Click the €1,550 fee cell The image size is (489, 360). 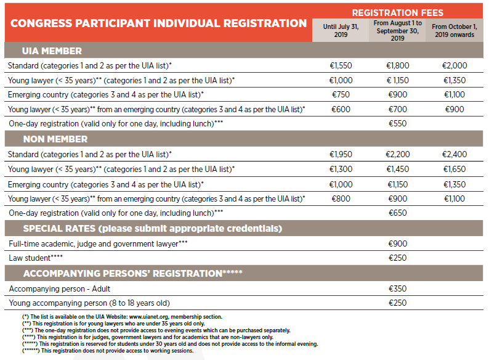[341, 65]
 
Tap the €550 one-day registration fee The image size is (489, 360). [397, 124]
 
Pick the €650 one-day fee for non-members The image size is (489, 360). [397, 213]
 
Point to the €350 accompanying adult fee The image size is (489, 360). [397, 288]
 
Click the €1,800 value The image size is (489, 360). [397, 65]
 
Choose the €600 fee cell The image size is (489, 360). [341, 109]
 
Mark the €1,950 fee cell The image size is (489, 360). [341, 153]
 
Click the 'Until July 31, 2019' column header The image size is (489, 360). [341, 31]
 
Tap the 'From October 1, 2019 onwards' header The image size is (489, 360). [454, 31]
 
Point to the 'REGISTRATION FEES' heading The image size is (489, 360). [397, 12]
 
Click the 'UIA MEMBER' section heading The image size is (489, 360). [52, 51]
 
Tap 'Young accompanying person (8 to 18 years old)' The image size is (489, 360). [89, 303]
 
